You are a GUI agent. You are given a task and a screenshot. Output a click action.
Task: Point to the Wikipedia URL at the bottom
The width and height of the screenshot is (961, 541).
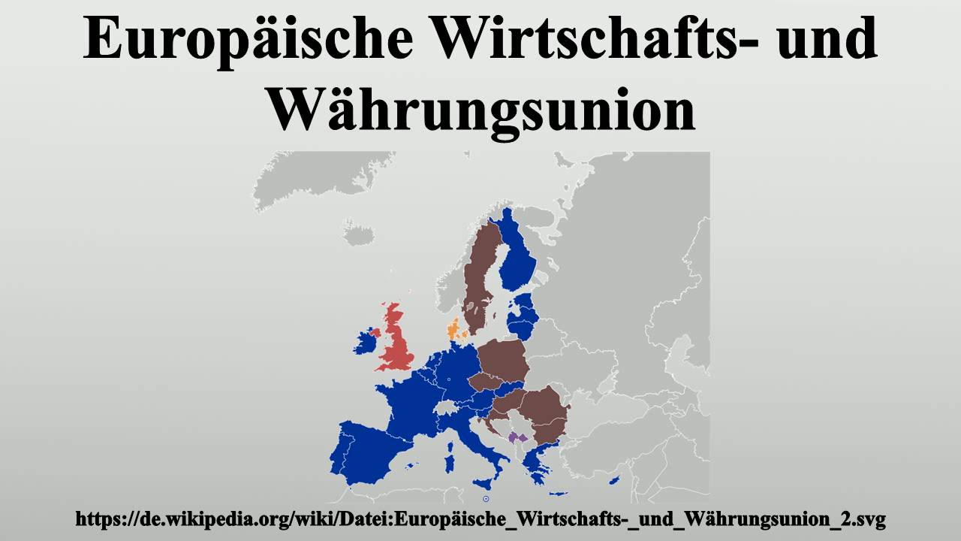click(480, 518)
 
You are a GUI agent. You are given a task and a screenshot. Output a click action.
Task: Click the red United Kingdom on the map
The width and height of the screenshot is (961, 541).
click(396, 342)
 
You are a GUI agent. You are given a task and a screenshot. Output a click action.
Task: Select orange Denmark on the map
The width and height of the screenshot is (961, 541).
click(453, 330)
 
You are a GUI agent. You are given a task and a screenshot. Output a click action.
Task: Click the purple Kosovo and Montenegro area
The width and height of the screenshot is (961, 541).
click(517, 437)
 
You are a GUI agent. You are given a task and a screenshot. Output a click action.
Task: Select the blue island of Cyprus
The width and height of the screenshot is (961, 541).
click(614, 481)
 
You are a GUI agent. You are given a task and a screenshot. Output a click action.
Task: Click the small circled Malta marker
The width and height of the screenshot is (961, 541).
click(487, 497)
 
